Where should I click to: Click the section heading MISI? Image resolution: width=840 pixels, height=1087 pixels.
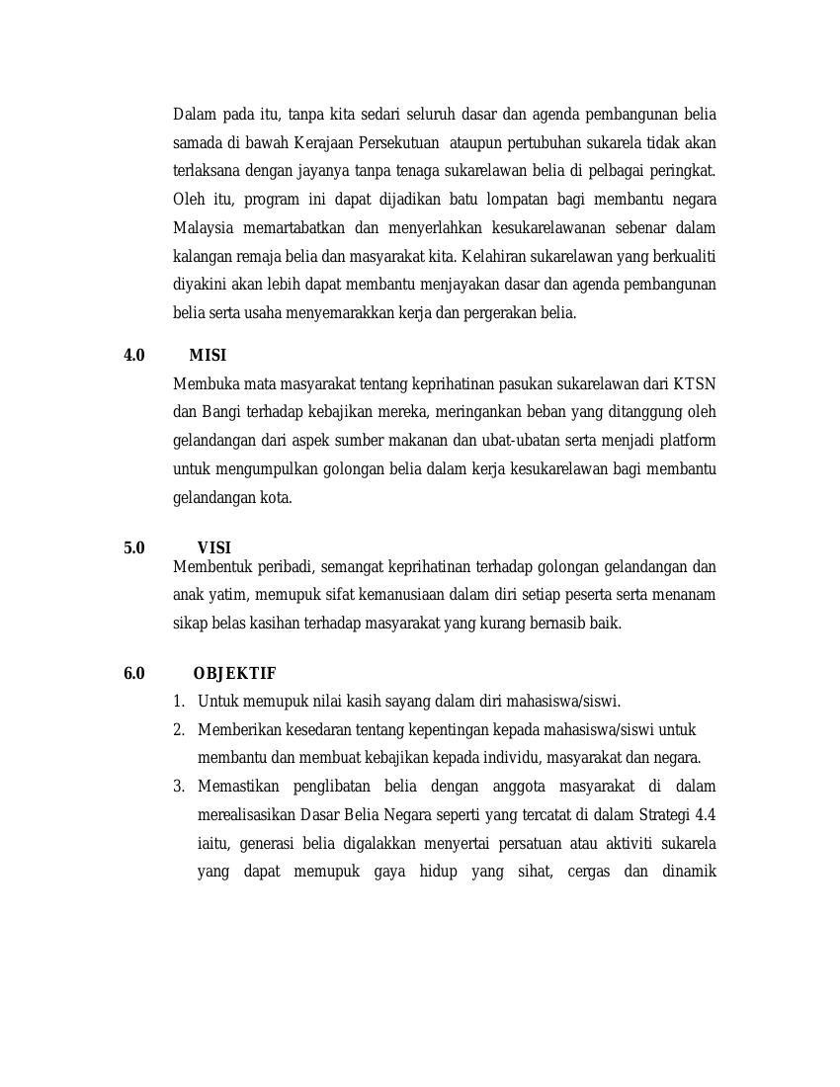[208, 356]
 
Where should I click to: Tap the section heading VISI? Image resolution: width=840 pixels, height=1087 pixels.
[213, 548]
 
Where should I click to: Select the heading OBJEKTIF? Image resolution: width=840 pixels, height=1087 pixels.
[234, 674]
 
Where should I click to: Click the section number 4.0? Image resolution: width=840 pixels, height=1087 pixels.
[134, 356]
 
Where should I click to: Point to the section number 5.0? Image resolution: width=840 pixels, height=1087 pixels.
[134, 548]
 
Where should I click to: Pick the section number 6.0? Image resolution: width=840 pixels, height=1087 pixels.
[134, 674]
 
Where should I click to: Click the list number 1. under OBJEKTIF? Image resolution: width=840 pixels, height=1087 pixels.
[179, 702]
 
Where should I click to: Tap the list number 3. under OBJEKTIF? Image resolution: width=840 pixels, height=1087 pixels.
[179, 787]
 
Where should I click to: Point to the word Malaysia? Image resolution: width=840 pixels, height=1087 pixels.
[203, 228]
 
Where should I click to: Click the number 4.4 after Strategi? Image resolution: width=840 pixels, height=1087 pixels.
[705, 815]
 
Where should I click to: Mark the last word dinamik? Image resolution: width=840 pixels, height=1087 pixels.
[686, 873]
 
